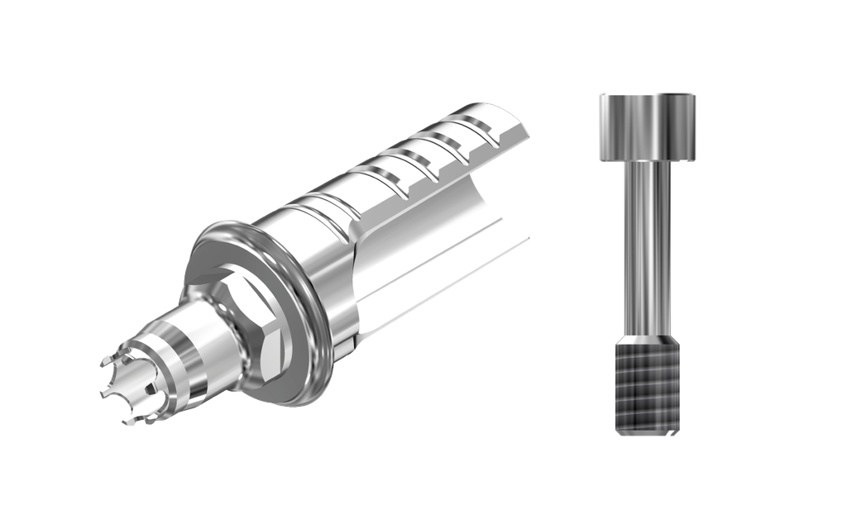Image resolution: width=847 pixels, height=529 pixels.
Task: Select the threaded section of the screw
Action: click(648, 388)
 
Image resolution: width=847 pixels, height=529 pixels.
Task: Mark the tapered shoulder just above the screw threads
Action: click(648, 339)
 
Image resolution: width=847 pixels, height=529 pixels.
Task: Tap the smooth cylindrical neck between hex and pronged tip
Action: click(199, 347)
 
